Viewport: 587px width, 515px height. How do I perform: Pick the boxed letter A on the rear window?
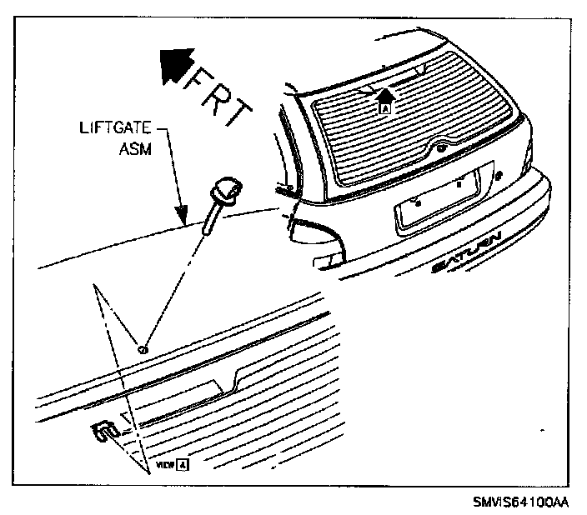(384, 107)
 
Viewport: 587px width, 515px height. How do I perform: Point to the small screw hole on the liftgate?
(143, 348)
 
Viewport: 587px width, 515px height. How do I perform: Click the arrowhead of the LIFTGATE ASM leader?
(183, 217)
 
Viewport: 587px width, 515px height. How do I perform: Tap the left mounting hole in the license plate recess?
(418, 202)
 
